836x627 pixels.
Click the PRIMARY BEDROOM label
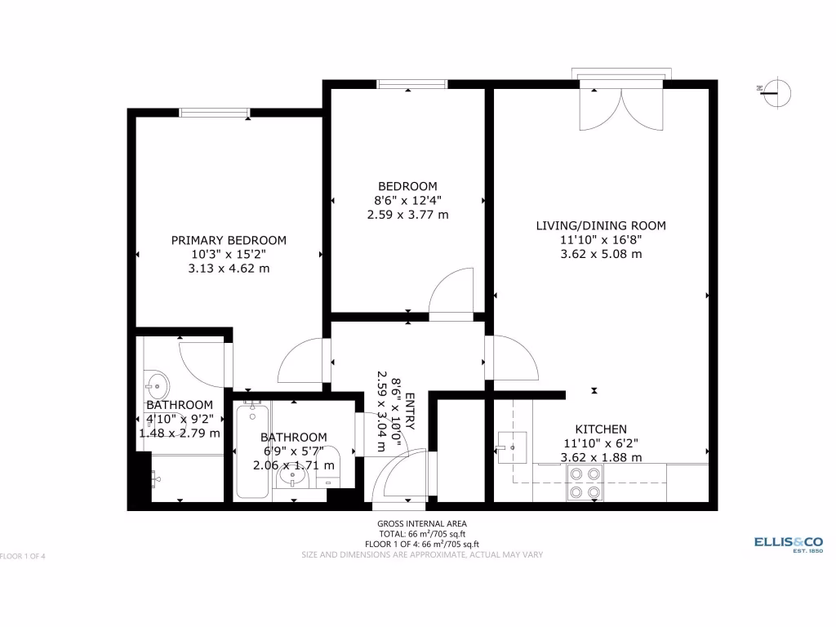[x=229, y=240]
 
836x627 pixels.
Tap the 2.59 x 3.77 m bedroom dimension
[x=407, y=215]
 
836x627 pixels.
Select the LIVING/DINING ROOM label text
[x=601, y=225]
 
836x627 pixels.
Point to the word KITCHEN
[x=601, y=429]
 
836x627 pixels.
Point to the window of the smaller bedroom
[x=412, y=83]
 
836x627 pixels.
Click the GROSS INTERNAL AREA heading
[x=422, y=523]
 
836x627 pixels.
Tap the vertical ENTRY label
[x=410, y=412]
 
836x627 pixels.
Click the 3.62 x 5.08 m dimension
[x=601, y=254]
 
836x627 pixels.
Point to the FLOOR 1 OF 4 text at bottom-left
[x=23, y=557]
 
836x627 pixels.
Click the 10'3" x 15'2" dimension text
[x=229, y=254]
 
